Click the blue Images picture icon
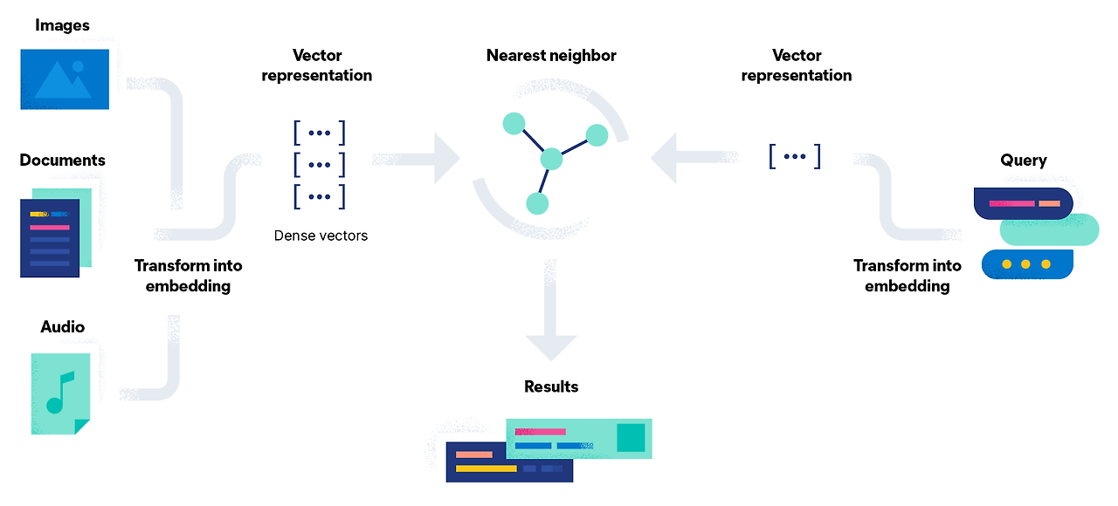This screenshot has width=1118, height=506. coord(65,79)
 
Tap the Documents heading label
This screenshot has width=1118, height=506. coord(62,161)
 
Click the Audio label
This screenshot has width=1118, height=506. coord(63,327)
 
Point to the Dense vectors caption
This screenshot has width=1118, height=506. coord(321,236)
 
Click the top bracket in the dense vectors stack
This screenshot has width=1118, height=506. coord(320,133)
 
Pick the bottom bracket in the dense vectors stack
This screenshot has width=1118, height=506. coord(320,196)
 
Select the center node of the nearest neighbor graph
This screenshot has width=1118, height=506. coord(551,160)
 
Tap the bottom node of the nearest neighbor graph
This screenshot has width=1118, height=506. coord(537,204)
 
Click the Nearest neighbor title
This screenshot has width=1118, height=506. coord(551,56)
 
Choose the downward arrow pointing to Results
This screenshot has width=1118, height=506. coord(551,314)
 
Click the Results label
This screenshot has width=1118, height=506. coord(551,386)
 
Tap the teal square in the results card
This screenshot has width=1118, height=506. coord(631,438)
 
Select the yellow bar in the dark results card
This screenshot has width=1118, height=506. coord(487,468)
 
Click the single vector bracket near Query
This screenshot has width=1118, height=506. coord(795,157)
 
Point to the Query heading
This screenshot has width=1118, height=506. coord(1024,161)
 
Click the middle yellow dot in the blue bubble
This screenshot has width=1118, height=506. coord(1025,263)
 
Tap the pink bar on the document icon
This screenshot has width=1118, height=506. coord(50,227)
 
